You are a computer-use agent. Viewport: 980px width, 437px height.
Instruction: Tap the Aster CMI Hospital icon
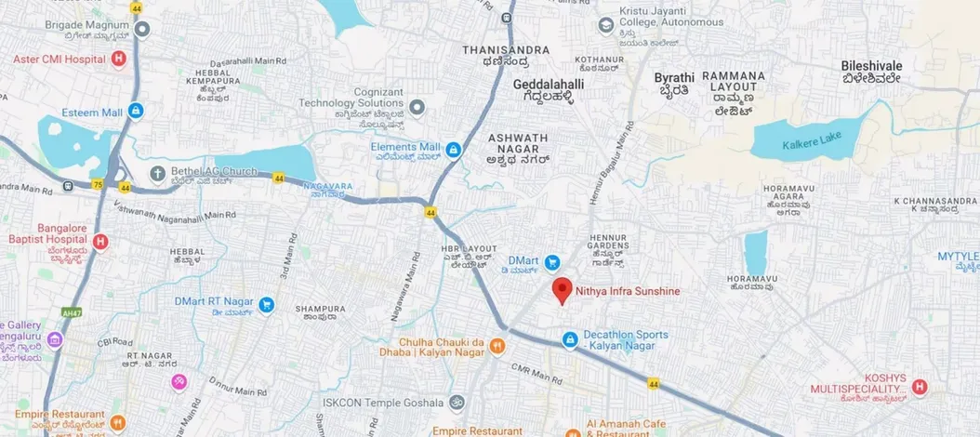pos(118,60)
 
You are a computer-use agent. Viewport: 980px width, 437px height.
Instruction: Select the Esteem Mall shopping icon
pos(137,111)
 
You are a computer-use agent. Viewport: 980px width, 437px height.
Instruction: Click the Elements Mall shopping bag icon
pos(453,149)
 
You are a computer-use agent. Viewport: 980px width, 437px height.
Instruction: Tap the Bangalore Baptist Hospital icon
pos(101,243)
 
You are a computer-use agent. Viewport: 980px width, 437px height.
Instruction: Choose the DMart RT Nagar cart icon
pos(267,304)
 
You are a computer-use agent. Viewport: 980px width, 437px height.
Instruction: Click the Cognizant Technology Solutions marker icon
pos(417,109)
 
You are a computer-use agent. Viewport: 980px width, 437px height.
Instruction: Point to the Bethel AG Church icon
pos(158,173)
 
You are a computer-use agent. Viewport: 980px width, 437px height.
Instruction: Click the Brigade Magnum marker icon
pos(142,29)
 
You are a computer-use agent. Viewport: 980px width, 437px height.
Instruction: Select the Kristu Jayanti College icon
pos(606,33)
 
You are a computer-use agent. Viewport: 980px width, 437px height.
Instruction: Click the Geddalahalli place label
pos(549,84)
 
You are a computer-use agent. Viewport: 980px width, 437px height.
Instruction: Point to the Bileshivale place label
pos(871,67)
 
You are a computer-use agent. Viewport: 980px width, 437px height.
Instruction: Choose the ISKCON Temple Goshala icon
pos(456,404)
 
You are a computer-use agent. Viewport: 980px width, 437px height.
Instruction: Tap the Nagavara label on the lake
pos(330,186)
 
